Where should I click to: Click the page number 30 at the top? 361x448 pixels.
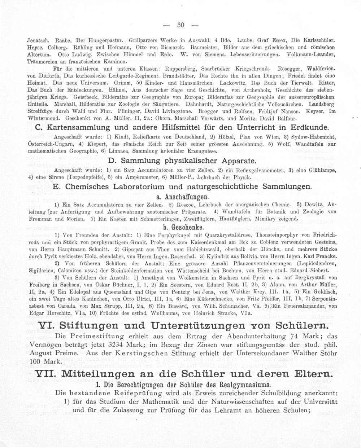pos(181,25)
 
